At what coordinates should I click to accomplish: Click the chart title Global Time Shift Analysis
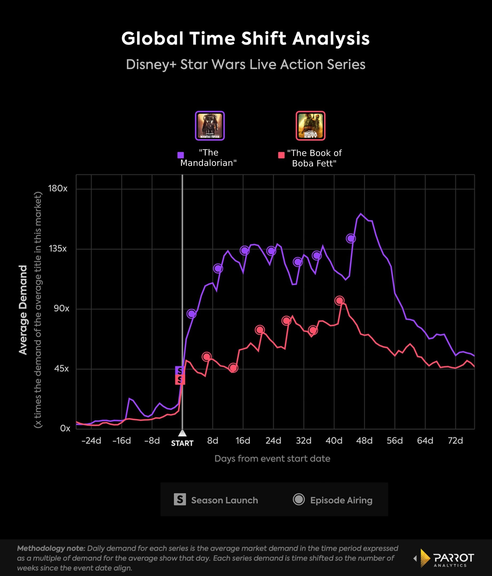pyautogui.click(x=245, y=38)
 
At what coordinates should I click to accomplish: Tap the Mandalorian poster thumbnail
pyautogui.click(x=210, y=126)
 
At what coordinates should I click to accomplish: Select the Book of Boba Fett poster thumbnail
pyautogui.click(x=310, y=126)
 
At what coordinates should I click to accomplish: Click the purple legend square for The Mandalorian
pyautogui.click(x=181, y=155)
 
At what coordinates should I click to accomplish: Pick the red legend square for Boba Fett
pyautogui.click(x=281, y=155)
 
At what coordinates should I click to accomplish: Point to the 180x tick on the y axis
pyautogui.click(x=58, y=189)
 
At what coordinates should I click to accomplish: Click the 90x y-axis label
pyautogui.click(x=61, y=308)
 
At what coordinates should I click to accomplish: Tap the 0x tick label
pyautogui.click(x=65, y=428)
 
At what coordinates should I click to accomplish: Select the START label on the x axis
pyautogui.click(x=182, y=443)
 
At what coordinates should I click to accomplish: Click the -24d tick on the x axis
pyautogui.click(x=91, y=441)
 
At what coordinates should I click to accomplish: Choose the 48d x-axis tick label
pyautogui.click(x=364, y=441)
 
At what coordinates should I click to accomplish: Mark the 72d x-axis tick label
pyautogui.click(x=455, y=441)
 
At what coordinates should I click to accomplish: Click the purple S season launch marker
pyautogui.click(x=180, y=370)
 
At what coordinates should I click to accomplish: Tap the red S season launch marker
pyautogui.click(x=180, y=380)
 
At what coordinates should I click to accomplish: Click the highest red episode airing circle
pyautogui.click(x=339, y=301)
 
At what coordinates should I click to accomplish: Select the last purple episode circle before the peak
pyautogui.click(x=350, y=238)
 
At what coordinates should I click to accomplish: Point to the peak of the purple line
pyautogui.click(x=361, y=214)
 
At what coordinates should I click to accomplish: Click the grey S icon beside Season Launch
pyautogui.click(x=180, y=499)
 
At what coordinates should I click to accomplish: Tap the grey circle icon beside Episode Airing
pyautogui.click(x=299, y=499)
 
